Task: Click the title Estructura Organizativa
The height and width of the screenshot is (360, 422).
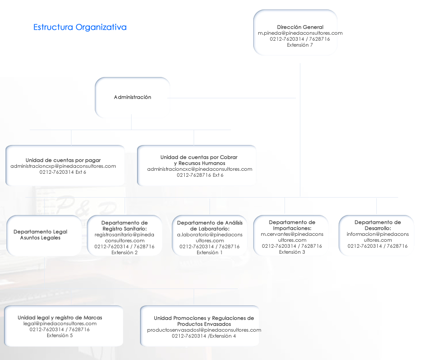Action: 80,27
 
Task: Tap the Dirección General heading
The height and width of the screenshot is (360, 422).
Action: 300,27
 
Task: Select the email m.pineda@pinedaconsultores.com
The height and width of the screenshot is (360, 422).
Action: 300,33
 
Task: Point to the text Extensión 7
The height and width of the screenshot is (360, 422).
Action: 300,45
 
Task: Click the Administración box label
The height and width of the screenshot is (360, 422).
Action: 133,97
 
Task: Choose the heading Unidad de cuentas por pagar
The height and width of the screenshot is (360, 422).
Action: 63,160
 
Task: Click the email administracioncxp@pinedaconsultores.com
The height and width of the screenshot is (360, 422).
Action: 63,166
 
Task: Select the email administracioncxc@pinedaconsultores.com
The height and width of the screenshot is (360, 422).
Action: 200,169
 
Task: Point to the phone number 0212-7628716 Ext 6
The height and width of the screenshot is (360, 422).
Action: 200,175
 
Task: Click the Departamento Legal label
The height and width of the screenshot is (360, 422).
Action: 40,231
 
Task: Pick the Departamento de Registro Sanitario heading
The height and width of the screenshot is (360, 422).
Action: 125,225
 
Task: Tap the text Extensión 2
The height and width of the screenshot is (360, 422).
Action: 125,252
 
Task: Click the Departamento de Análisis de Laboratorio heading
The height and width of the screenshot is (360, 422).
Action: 210,225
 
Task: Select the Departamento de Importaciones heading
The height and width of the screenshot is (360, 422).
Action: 292,225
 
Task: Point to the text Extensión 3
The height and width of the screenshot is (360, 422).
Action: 292,252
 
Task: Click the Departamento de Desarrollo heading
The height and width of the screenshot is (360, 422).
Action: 378,225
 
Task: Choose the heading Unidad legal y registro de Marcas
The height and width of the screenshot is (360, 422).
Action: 60,317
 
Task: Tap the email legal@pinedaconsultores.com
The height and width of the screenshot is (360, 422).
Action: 60,323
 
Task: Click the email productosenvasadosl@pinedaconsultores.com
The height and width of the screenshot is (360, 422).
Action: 204,330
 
